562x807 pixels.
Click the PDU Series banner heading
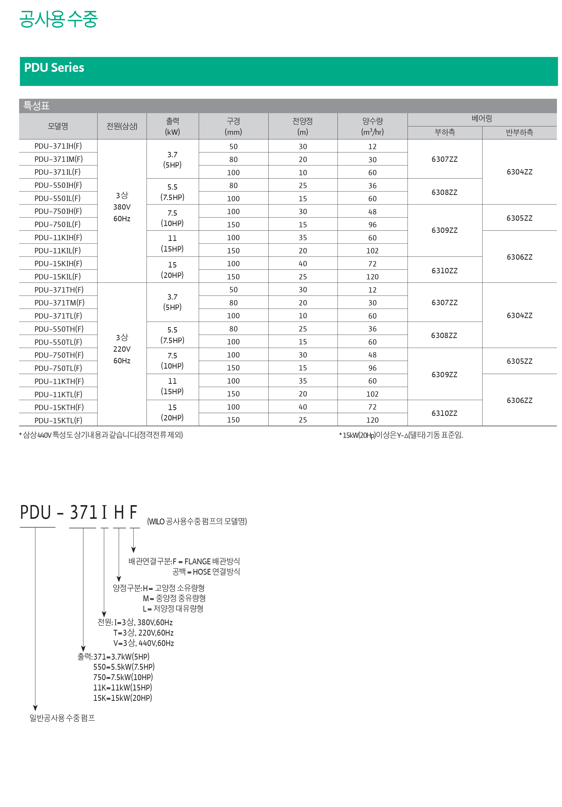pos(54,68)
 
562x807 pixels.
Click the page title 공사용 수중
pos(58,19)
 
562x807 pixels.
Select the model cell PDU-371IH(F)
pos(58,146)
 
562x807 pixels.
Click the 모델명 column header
pos(58,126)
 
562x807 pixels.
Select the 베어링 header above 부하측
pos(481,119)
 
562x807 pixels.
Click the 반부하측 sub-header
pos(519,132)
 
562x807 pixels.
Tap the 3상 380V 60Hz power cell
pos(122,207)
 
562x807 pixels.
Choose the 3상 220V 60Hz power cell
pos(122,349)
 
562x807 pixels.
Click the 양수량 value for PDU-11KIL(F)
pos(372,251)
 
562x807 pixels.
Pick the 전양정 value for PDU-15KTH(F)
pos(303,407)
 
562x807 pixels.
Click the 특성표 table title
pos(36,105)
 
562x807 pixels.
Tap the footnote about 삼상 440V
pos(101,435)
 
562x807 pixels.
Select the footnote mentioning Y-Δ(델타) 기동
pos(401,435)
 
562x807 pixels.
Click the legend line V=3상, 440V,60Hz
pos(144,643)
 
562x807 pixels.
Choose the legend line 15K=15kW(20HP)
pos(123,698)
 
